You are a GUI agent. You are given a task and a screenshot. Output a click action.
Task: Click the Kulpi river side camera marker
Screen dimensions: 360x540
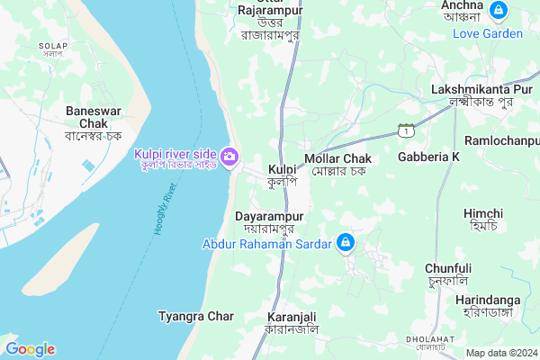[x=229, y=157]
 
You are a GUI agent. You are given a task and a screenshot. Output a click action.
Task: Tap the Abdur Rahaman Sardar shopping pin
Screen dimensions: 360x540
[x=345, y=242]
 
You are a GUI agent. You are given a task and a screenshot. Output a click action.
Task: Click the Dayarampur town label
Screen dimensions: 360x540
[x=270, y=222]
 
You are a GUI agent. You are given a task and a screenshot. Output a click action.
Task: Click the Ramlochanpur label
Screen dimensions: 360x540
[x=501, y=141]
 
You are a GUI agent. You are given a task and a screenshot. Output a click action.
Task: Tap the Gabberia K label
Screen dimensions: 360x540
[x=428, y=157]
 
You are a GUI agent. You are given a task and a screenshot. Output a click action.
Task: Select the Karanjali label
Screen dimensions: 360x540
[x=291, y=323]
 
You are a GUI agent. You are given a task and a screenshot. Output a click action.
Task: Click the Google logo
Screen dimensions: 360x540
[x=30, y=349]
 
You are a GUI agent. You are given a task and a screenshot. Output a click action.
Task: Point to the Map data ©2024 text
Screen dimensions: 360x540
[x=500, y=353]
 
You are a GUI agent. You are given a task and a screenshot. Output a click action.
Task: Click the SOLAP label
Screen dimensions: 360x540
[x=53, y=49]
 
